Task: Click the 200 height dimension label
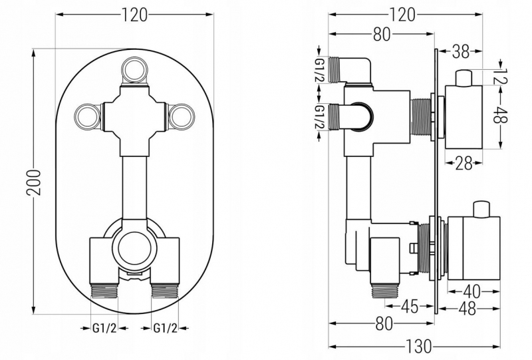click(34, 182)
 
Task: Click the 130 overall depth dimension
click(418, 347)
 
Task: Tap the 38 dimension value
click(461, 51)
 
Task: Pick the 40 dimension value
click(471, 291)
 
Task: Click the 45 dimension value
click(410, 307)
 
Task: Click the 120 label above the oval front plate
click(135, 15)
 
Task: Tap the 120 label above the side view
click(402, 15)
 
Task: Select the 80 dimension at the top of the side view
click(382, 35)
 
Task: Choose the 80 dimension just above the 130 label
click(384, 323)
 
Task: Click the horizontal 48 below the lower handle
click(467, 309)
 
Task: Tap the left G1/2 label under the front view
click(104, 328)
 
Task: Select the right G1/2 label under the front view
click(165, 328)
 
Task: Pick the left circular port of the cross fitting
click(87, 116)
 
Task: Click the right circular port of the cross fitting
click(182, 116)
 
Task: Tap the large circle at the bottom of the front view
click(135, 250)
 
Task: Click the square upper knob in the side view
click(464, 117)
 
